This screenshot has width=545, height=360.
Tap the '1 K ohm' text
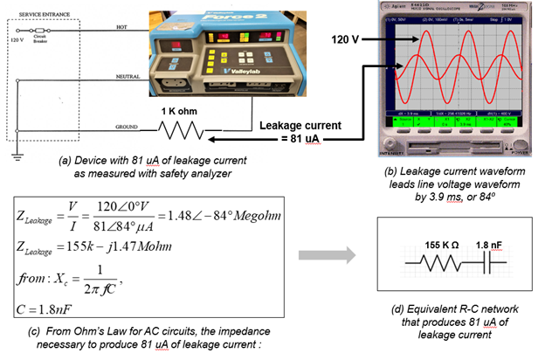click(180, 112)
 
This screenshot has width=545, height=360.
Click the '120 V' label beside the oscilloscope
click(347, 40)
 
